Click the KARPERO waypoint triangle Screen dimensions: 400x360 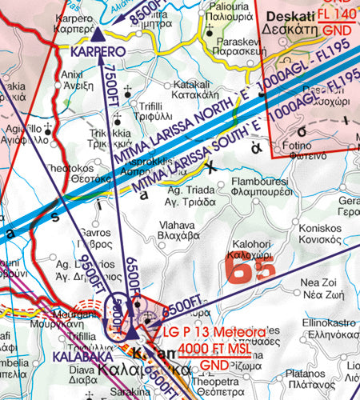point(98,34)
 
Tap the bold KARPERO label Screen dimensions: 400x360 point(96,51)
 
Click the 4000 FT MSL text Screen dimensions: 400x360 point(214,348)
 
